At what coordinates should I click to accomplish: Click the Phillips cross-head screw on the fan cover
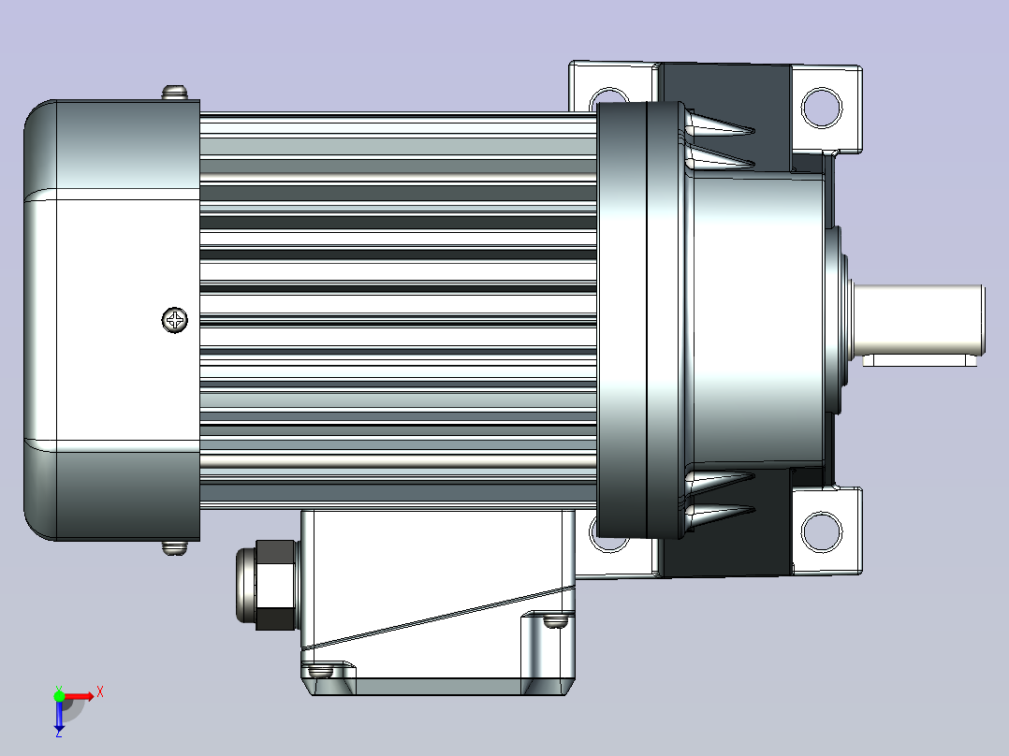tap(174, 319)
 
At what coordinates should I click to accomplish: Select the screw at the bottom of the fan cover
tap(174, 547)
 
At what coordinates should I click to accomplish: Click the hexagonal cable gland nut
tap(276, 585)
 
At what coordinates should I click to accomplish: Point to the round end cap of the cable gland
tap(246, 585)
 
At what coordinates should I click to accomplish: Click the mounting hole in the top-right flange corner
tap(822, 108)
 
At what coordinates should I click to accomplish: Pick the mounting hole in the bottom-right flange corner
tap(822, 532)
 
